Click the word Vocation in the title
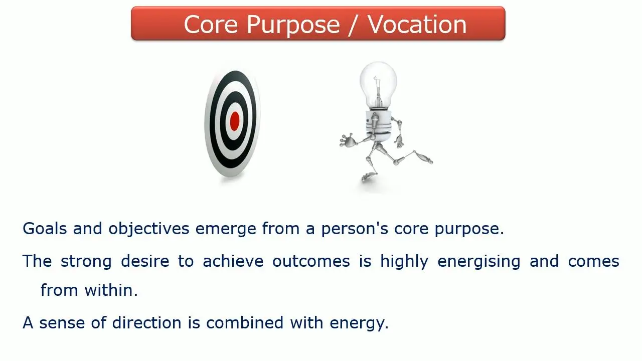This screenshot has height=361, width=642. (417, 25)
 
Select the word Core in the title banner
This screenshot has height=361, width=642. (211, 25)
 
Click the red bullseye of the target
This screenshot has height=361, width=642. (235, 121)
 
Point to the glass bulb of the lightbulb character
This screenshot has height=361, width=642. (378, 85)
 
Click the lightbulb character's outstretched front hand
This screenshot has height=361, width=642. (347, 140)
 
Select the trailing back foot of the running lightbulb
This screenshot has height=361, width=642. (423, 157)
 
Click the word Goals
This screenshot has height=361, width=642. (45, 229)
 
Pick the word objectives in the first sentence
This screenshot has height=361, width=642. (149, 229)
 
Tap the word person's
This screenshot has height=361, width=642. (355, 229)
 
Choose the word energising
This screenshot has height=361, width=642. (478, 262)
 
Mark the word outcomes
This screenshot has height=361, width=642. (311, 262)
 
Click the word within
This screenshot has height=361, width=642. (111, 290)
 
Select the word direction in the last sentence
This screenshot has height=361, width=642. (147, 322)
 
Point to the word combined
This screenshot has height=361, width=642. (245, 322)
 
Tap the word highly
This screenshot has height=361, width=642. (404, 262)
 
